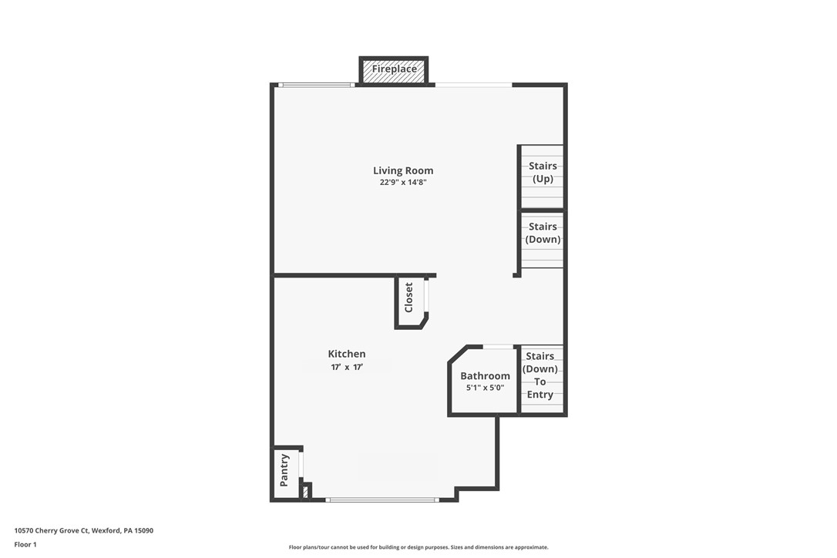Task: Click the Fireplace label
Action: pyautogui.click(x=394, y=69)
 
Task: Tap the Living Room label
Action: pyautogui.click(x=403, y=171)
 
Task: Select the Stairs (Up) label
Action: pyautogui.click(x=543, y=173)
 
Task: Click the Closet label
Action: pyautogui.click(x=409, y=297)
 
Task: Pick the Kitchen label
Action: pyautogui.click(x=347, y=355)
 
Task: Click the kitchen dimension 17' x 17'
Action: pyautogui.click(x=347, y=368)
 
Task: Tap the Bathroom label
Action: pyautogui.click(x=485, y=376)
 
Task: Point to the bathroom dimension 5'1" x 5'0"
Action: pyautogui.click(x=485, y=388)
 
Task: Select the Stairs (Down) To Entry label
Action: pyautogui.click(x=540, y=375)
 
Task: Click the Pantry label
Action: pyautogui.click(x=284, y=469)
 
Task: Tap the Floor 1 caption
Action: pyautogui.click(x=25, y=545)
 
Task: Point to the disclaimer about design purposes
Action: pyautogui.click(x=418, y=548)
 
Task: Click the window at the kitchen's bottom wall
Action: pyautogui.click(x=382, y=500)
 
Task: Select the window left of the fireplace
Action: pyautogui.click(x=316, y=85)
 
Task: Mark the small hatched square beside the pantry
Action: pyautogui.click(x=306, y=491)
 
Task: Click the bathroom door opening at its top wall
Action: pyautogui.click(x=499, y=347)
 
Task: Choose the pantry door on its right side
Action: pyautogui.click(x=301, y=465)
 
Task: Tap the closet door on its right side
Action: pyautogui.click(x=426, y=295)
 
